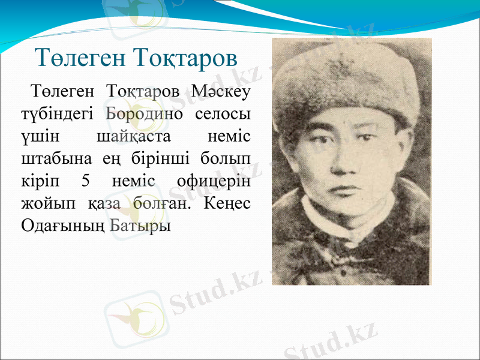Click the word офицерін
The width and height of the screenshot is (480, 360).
[214, 181]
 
